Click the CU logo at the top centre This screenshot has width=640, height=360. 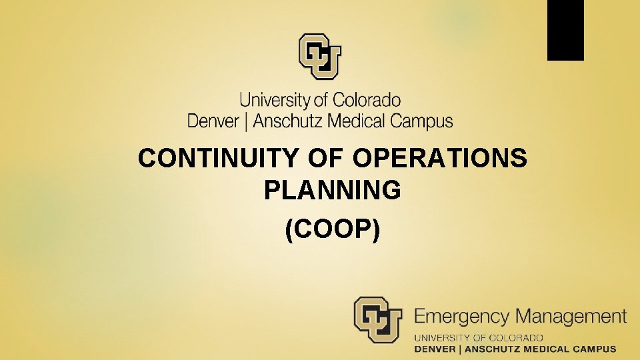coord(320,57)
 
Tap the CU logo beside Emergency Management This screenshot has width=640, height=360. coord(378,320)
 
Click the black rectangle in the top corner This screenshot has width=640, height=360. coord(565,30)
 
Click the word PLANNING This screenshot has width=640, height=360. coord(333,191)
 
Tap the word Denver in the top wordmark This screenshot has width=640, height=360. coord(213,121)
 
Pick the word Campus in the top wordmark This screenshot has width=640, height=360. coord(421,122)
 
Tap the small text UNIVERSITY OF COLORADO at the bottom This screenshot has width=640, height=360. coord(479,338)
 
